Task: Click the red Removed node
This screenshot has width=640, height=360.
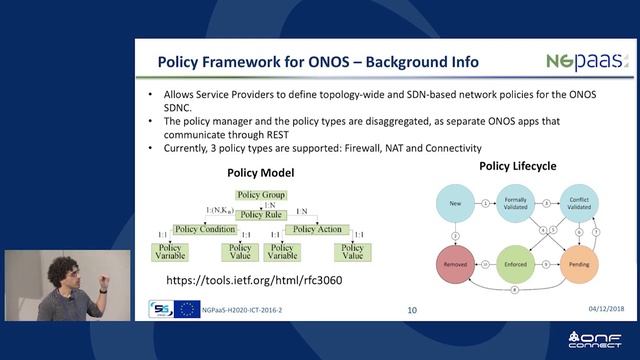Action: (456, 265)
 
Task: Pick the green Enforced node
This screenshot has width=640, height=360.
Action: (515, 265)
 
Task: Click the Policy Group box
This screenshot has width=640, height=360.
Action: (260, 194)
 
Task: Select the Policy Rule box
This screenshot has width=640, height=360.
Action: (260, 213)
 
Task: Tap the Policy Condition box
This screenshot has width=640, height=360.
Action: (204, 229)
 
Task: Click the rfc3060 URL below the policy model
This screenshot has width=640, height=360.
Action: (253, 280)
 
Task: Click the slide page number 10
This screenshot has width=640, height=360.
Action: (412, 311)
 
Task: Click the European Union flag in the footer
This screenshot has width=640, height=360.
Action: (187, 309)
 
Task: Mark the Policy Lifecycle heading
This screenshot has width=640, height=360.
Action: (517, 166)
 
